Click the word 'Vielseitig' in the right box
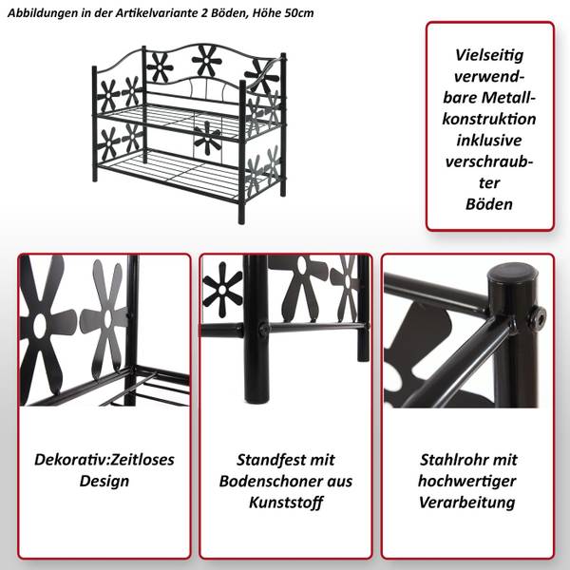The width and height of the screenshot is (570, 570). [489, 55]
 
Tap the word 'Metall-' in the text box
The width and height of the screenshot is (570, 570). [509, 98]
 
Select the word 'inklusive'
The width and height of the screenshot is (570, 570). [489, 141]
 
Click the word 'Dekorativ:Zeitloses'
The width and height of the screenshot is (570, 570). [104, 460]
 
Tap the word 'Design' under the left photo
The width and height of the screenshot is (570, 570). [104, 482]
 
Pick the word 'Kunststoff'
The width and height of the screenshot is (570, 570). [286, 503]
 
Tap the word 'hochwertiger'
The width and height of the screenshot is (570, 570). [467, 482]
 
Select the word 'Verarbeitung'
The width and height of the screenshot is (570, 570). [467, 503]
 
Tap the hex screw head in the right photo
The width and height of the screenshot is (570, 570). [537, 313]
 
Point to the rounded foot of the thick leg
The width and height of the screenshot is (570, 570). [257, 398]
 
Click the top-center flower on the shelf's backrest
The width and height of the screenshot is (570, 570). [206, 61]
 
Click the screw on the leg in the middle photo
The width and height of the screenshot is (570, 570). [263, 329]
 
